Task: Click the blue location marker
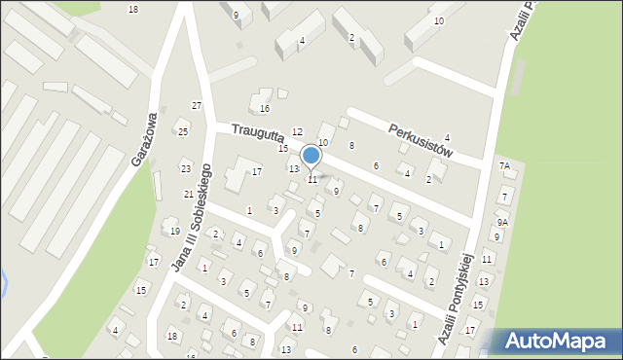311,156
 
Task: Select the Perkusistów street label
421,139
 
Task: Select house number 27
197,105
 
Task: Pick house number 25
181,131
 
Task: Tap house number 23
186,168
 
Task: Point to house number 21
189,195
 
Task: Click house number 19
174,231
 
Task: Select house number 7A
504,166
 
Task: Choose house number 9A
502,223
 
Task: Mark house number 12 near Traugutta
298,131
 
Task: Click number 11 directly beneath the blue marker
312,180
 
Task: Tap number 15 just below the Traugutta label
283,149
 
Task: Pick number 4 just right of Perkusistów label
447,137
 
